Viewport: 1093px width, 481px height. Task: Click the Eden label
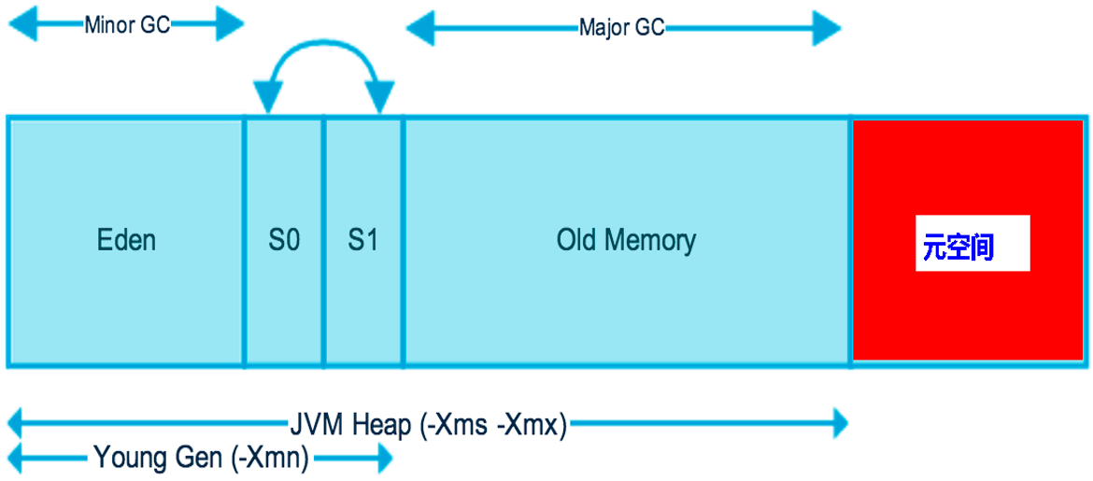click(x=126, y=241)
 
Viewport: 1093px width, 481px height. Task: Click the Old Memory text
click(x=626, y=241)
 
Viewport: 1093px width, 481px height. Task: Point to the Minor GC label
click(x=127, y=25)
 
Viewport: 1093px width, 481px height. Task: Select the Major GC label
click(x=621, y=27)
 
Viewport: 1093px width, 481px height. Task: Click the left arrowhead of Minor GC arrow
click(x=21, y=25)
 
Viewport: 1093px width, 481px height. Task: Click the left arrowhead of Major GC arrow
click(x=419, y=28)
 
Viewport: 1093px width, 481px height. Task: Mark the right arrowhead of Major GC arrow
click(x=828, y=28)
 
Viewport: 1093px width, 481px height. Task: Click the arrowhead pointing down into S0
click(x=267, y=99)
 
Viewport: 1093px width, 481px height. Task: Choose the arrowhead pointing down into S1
click(x=379, y=99)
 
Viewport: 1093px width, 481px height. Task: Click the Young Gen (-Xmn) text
click(x=201, y=458)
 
